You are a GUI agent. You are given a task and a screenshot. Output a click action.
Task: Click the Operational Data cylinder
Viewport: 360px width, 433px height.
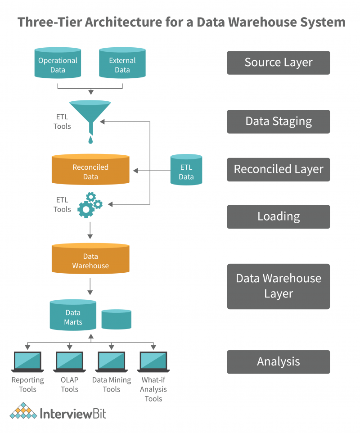(58, 63)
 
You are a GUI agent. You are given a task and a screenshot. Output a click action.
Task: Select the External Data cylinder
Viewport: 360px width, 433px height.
(122, 63)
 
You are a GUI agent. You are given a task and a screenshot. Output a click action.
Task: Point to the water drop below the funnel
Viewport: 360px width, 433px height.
(91, 140)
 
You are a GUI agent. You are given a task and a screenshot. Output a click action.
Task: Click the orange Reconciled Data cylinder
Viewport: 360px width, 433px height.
(90, 170)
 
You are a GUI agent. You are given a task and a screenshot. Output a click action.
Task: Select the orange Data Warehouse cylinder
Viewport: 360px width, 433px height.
(90, 259)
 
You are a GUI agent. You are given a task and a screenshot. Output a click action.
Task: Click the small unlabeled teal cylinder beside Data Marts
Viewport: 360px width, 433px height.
(116, 319)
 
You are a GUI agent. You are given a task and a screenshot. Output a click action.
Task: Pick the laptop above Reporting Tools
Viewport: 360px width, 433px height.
(27, 361)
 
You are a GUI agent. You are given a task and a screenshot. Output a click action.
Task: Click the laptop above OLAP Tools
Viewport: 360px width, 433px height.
(70, 361)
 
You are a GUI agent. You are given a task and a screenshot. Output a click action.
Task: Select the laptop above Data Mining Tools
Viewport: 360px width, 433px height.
(112, 361)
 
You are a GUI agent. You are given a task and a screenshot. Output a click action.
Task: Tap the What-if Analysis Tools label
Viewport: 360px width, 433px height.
(153, 389)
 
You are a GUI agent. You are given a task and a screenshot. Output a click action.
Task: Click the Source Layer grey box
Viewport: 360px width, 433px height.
(278, 63)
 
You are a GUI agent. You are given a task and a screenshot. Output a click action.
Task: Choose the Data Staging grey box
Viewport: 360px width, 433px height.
(278, 122)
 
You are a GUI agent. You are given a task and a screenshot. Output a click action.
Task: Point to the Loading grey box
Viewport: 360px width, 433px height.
(278, 216)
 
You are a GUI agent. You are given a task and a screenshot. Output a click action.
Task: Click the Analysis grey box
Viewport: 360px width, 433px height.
(278, 362)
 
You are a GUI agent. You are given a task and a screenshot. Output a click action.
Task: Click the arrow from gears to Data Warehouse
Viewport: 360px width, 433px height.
(90, 230)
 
